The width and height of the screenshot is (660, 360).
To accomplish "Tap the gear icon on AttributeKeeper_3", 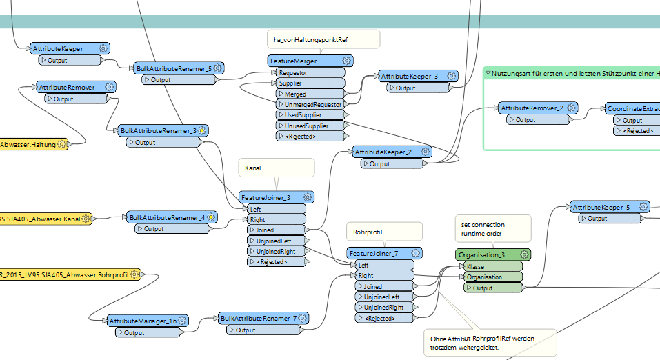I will [451, 76].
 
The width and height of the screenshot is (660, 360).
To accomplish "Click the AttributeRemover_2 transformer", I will [531, 108].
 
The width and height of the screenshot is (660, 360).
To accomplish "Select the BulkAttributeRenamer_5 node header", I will [172, 68].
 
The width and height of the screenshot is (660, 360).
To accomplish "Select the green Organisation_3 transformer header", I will [483, 255].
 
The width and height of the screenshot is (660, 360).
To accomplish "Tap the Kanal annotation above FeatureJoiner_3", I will [253, 168].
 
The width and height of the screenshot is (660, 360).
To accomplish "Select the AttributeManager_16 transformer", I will [142, 321].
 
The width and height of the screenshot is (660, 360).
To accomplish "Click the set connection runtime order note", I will [483, 229].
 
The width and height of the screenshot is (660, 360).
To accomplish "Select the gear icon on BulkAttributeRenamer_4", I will [212, 217].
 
